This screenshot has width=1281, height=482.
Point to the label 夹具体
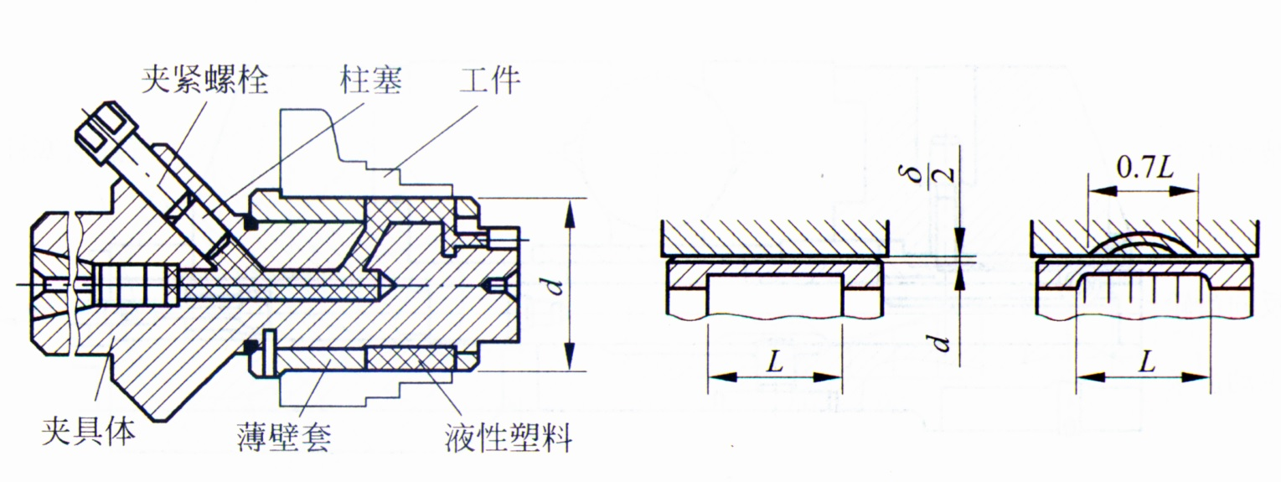pyautogui.click(x=88, y=434)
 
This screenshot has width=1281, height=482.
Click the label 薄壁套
pyautogui.click(x=284, y=434)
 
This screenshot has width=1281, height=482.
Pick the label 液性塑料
pyautogui.click(x=509, y=435)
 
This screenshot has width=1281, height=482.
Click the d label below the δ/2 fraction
pyautogui.click(x=940, y=342)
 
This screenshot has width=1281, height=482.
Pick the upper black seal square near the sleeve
pyautogui.click(x=248, y=223)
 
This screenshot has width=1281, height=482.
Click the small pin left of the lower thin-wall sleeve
pyautogui.click(x=267, y=352)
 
